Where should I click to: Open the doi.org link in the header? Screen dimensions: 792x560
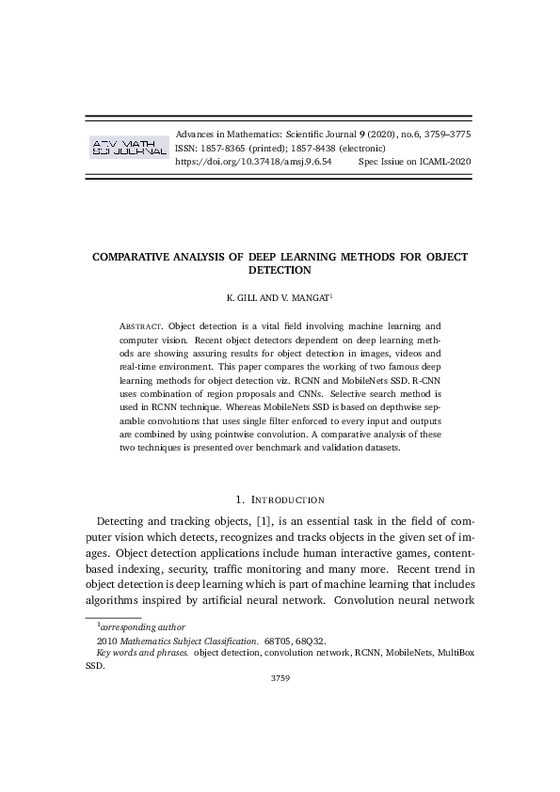point(254,162)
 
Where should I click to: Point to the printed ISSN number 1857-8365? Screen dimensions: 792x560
point(225,149)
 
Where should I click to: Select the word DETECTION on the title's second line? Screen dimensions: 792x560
point(280,270)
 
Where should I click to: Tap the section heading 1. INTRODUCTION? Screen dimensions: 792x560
point(280,499)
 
